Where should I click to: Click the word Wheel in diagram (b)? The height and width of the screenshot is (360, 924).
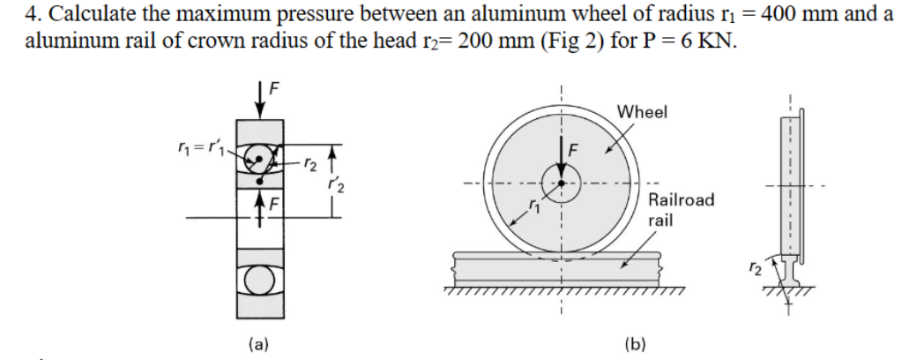click(x=642, y=112)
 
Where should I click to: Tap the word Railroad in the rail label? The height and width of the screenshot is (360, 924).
click(x=682, y=200)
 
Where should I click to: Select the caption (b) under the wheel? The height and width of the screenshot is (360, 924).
click(x=635, y=344)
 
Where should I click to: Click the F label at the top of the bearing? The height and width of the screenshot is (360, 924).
click(x=273, y=88)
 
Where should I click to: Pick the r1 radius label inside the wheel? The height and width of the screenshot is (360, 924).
click(x=534, y=206)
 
